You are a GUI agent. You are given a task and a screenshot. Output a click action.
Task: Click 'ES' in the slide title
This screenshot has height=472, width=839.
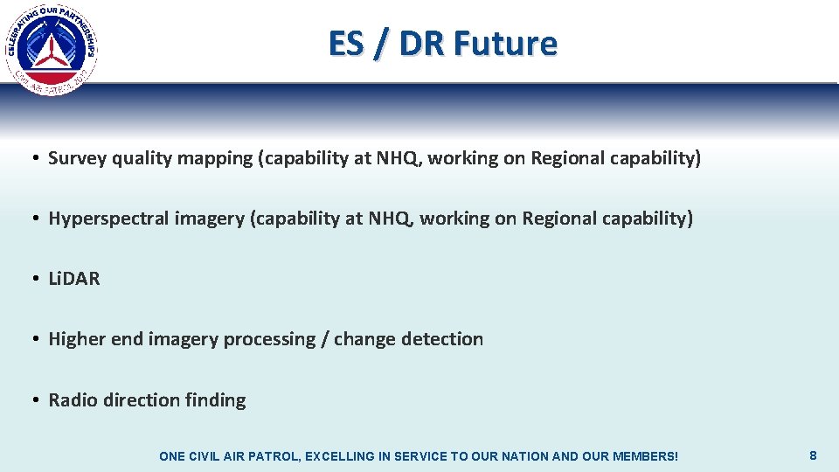pyautogui.click(x=344, y=43)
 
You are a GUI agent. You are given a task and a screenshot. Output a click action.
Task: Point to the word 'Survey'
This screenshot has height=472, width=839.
pyautogui.click(x=77, y=158)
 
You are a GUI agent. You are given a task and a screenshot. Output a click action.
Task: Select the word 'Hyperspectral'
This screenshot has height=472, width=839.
pyautogui.click(x=104, y=219)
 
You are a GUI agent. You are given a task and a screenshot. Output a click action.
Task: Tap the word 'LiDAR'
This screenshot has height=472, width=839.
pyautogui.click(x=74, y=279)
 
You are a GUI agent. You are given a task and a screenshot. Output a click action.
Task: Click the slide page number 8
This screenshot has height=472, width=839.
pyautogui.click(x=813, y=455)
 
